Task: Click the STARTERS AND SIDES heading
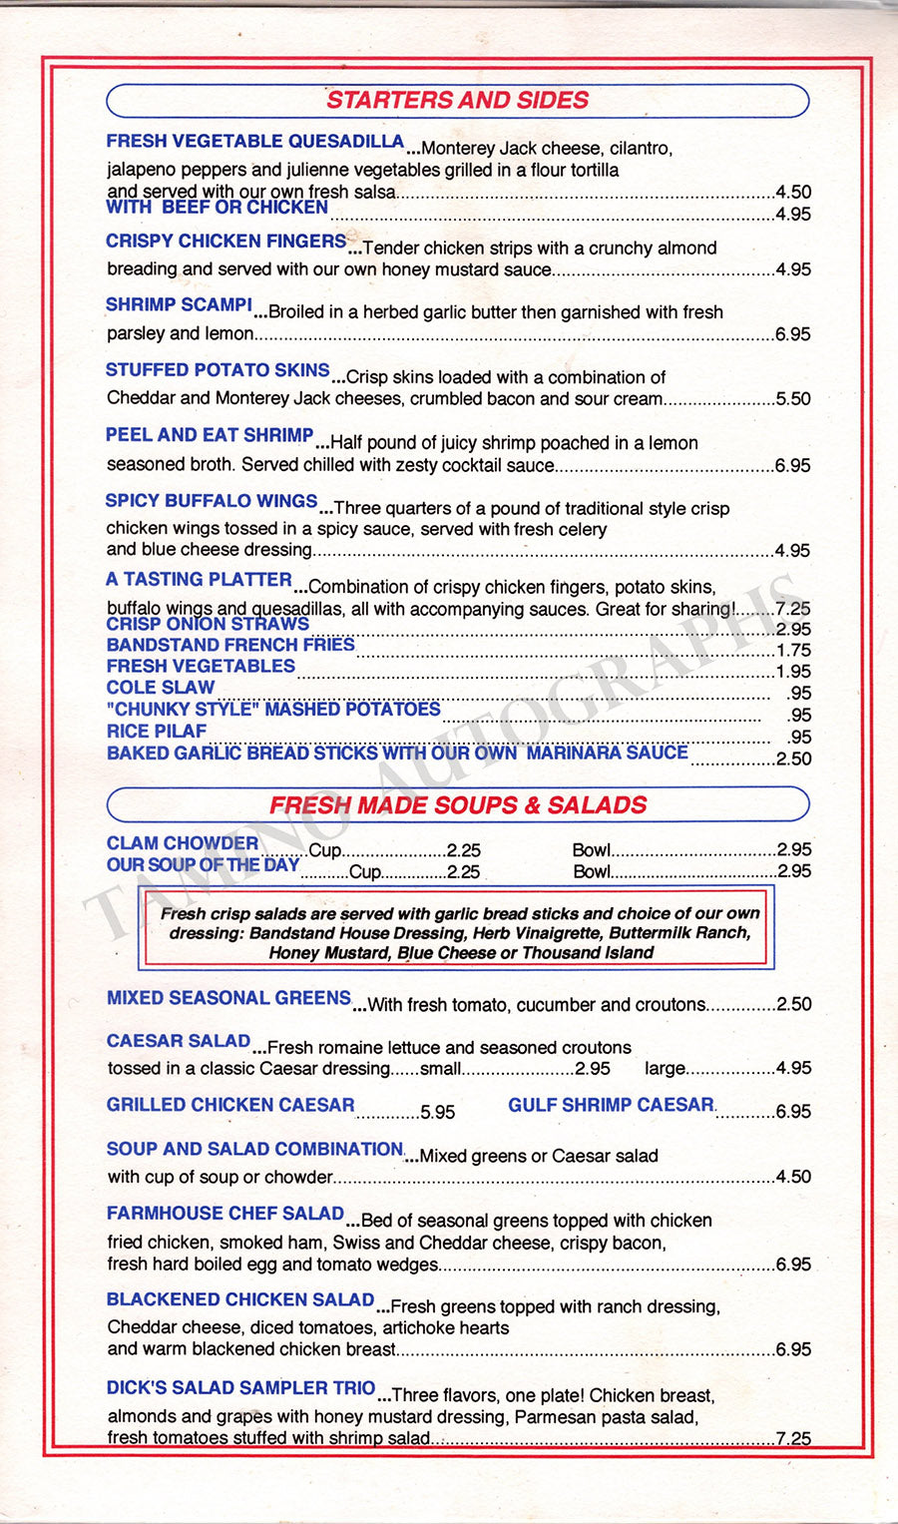tap(457, 100)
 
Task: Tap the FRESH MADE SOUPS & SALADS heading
tap(458, 804)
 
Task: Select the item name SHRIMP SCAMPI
tap(179, 305)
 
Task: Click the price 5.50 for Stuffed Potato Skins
tap(793, 399)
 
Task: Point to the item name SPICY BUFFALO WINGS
tap(212, 501)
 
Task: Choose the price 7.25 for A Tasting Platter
tap(793, 609)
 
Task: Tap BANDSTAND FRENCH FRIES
tap(230, 646)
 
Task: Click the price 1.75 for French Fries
tap(793, 651)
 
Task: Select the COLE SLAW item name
tap(161, 688)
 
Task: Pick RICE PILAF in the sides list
tap(157, 732)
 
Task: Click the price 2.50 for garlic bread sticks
tap(793, 760)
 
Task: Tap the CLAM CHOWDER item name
tap(183, 843)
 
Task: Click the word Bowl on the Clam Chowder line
tap(591, 850)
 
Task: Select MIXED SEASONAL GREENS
tap(228, 998)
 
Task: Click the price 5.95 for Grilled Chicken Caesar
tap(437, 1112)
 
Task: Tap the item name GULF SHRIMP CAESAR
tap(611, 1105)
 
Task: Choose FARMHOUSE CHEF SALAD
tap(225, 1214)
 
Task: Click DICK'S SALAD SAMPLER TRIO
tap(240, 1388)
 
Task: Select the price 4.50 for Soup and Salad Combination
tap(793, 1178)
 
